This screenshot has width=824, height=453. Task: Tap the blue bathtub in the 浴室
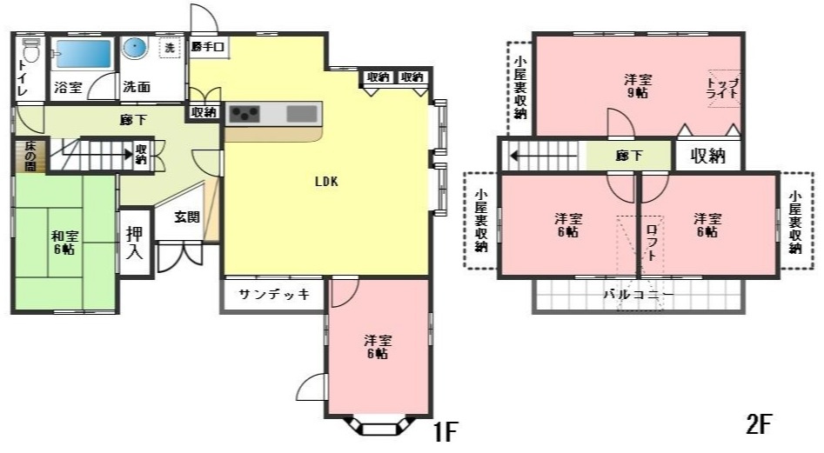click(84, 54)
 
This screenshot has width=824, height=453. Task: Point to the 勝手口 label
click(209, 46)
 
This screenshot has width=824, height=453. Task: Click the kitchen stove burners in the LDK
click(245, 113)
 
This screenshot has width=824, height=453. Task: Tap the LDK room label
click(326, 182)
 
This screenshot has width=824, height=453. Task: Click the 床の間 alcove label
click(29, 156)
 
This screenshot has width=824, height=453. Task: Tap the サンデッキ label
click(274, 294)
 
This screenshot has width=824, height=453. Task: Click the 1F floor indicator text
click(445, 430)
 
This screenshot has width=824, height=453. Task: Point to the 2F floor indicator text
click(759, 425)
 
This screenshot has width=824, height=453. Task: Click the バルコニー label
click(639, 295)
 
